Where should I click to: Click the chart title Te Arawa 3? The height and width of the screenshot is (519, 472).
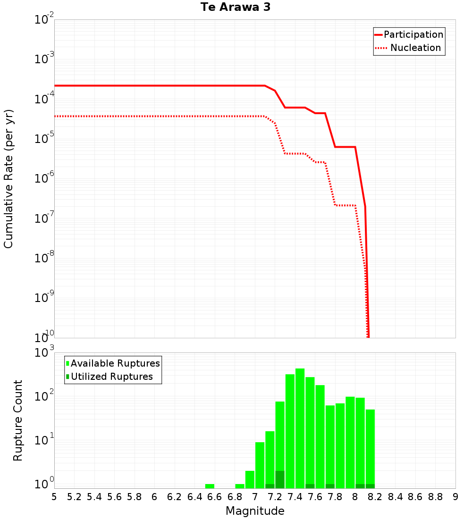tap(236, 8)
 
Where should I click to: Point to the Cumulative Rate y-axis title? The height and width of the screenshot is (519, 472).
tap(8, 179)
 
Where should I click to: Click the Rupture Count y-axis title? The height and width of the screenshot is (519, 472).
tap(18, 420)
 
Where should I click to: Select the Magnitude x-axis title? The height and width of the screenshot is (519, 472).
tap(255, 511)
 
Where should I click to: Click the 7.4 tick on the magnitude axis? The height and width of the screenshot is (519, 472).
tap(295, 497)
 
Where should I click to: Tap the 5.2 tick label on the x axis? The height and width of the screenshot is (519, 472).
tap(74, 497)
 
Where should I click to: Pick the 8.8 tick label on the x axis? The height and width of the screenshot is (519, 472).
tap(435, 497)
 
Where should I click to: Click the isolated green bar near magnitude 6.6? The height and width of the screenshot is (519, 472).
tap(210, 486)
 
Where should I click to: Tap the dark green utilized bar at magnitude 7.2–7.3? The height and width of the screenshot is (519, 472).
tap(280, 479)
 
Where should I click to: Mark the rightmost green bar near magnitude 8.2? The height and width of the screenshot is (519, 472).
tap(370, 448)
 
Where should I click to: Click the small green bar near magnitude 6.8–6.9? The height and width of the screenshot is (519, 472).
tap(240, 486)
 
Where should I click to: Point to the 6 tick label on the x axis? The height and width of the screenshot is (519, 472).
tap(154, 497)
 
